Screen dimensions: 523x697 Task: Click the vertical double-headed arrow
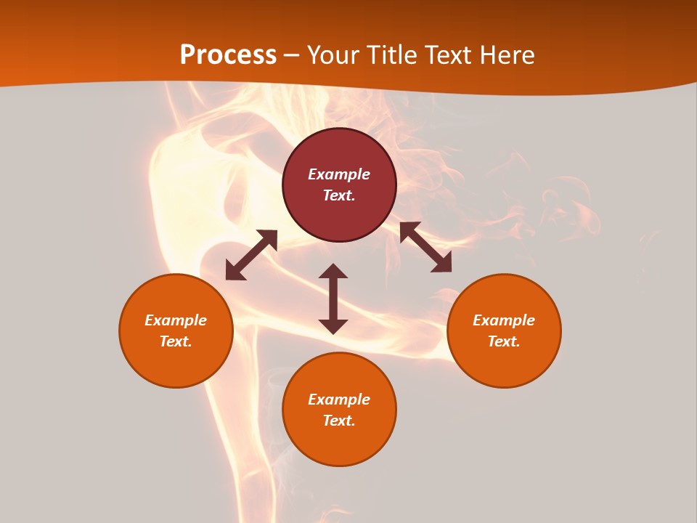tap(333, 299)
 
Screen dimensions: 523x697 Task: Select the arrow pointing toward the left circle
tap(251, 255)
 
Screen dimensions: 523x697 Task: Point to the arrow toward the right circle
tap(425, 247)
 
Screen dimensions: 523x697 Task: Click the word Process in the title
tap(228, 54)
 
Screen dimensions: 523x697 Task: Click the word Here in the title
tap(505, 54)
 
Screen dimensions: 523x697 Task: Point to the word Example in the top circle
tap(339, 174)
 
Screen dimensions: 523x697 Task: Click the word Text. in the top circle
tap(339, 195)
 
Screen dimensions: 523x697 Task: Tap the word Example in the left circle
tap(176, 320)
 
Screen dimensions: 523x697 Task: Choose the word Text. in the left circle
tap(176, 341)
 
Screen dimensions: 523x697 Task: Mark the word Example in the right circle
tap(504, 320)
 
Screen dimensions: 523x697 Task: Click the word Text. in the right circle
tap(504, 341)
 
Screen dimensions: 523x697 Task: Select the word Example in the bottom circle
tap(339, 400)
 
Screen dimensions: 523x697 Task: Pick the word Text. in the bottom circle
tap(339, 421)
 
